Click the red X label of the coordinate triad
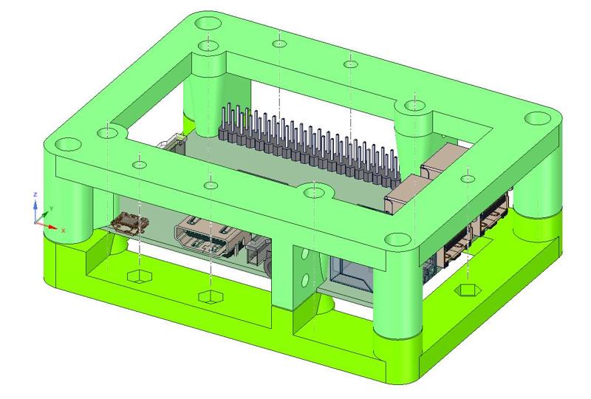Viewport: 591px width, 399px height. coord(64,231)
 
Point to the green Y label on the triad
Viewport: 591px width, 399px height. coord(51,208)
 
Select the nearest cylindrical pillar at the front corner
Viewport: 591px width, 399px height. coord(397,296)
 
